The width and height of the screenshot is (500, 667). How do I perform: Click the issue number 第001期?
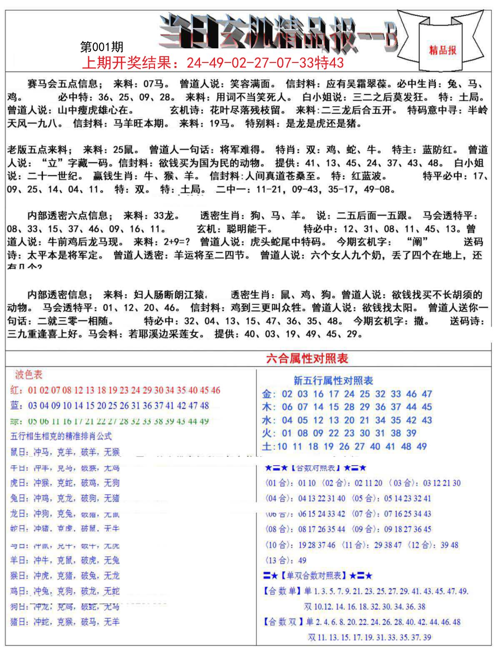[102, 47]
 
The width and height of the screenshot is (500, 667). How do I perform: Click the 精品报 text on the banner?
[442, 50]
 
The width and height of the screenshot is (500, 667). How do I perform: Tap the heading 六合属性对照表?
[307, 359]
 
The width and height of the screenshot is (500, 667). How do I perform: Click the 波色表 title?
[29, 375]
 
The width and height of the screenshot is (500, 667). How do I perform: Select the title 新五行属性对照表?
[333, 381]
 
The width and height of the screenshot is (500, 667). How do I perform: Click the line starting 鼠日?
[65, 452]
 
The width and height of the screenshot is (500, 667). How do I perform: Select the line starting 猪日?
[65, 622]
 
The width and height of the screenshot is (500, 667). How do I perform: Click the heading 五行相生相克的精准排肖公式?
[61, 436]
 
